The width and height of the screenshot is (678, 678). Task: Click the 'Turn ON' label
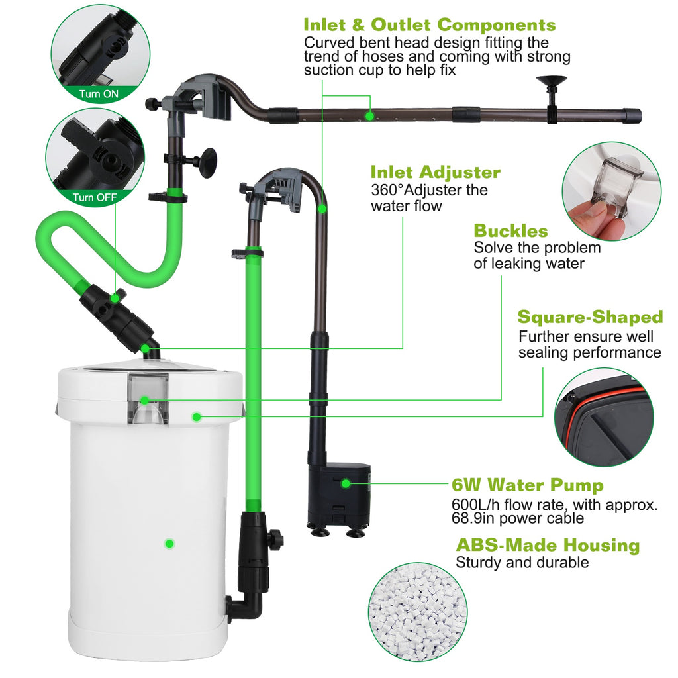point(99,94)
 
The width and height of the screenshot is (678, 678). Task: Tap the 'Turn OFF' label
point(95,197)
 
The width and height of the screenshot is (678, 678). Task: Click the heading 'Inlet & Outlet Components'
point(429,25)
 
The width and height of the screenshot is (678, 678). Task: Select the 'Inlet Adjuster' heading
point(436,172)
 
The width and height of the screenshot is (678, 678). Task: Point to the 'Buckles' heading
point(510,231)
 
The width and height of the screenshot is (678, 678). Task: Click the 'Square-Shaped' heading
point(590,317)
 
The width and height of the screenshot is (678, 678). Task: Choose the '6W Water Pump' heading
point(528,485)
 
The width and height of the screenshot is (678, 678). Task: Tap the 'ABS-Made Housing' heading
point(548,545)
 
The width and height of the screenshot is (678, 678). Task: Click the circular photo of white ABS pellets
point(418,612)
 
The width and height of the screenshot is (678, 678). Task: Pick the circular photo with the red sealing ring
point(604,418)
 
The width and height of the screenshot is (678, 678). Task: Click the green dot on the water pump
point(345,483)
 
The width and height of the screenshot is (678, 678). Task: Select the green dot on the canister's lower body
point(169,544)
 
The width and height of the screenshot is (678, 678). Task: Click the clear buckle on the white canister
point(148,398)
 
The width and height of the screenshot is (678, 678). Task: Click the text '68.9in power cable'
point(518,518)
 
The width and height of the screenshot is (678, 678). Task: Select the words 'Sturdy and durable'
point(522,563)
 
